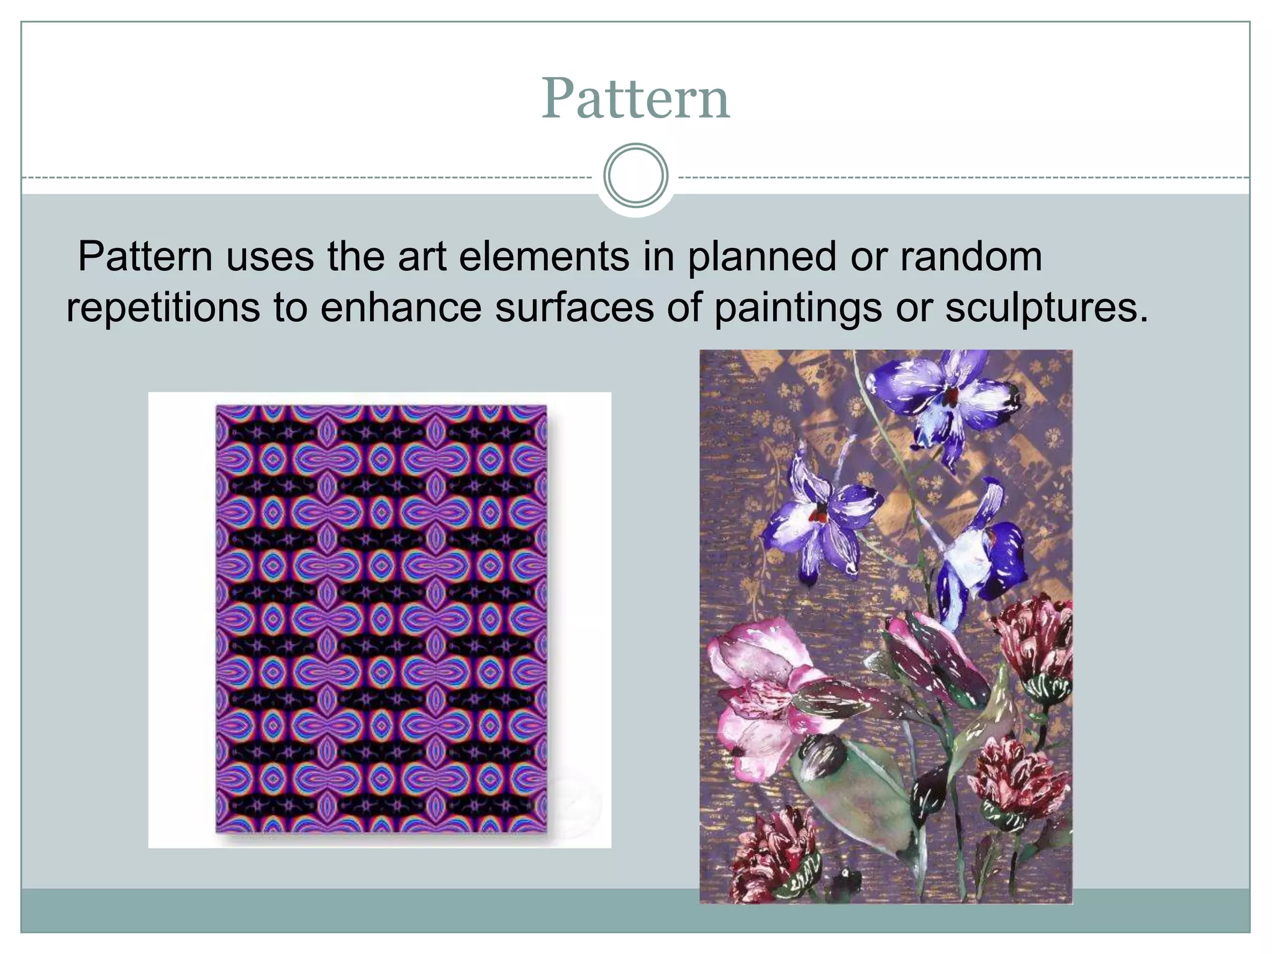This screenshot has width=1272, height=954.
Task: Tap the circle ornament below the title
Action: tap(635, 175)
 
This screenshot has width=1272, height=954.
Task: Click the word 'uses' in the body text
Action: tap(270, 257)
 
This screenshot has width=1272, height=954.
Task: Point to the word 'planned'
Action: tap(761, 257)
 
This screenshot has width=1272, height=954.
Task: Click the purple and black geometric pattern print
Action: tap(381, 618)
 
